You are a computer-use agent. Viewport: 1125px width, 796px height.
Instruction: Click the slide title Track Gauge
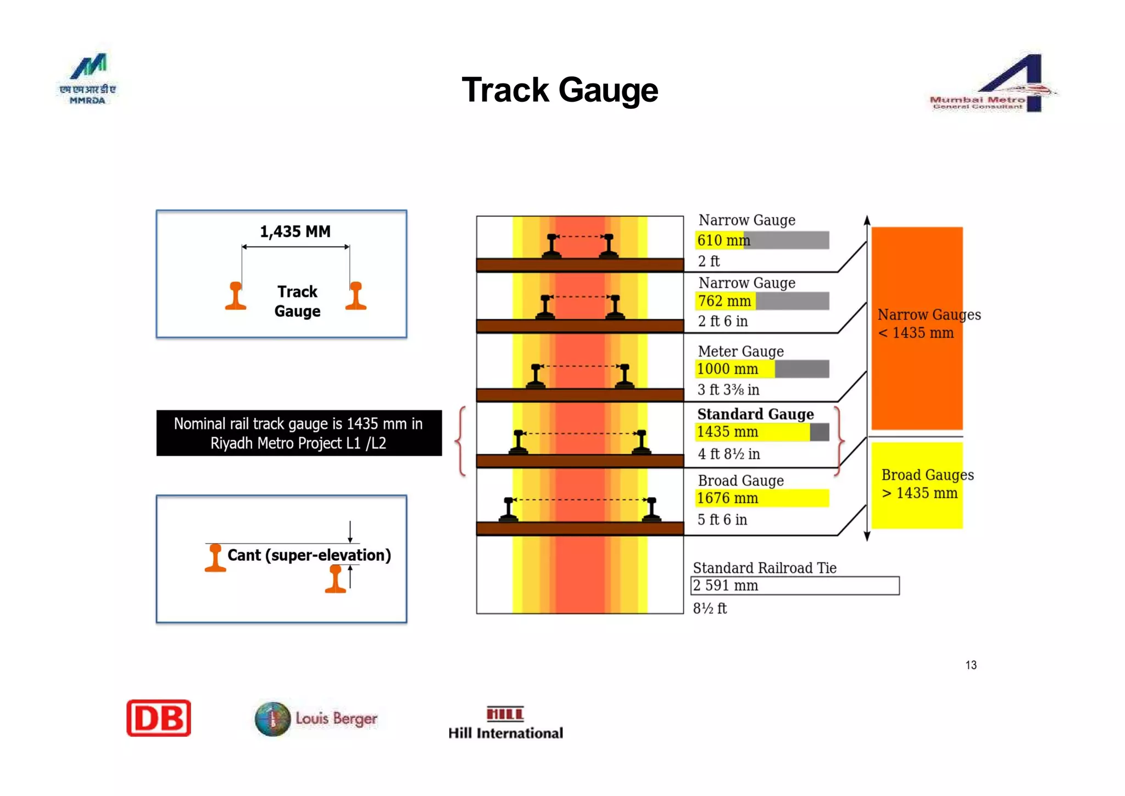coord(559,90)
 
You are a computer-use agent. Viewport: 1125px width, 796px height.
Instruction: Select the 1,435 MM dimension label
coord(295,231)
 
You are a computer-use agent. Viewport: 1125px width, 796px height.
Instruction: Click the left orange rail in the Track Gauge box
coord(236,296)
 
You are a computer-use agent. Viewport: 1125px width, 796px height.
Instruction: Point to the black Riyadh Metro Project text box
coord(299,433)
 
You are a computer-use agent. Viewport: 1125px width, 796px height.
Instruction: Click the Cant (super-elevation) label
coord(309,555)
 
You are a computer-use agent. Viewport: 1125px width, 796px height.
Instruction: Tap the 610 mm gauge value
coord(723,240)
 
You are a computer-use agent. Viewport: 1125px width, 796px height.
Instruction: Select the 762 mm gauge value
coord(725,301)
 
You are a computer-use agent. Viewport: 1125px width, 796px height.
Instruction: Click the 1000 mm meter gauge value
coord(727,369)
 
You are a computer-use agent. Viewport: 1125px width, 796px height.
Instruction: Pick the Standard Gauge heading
coord(755,414)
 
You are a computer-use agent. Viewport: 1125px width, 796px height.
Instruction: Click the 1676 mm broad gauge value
coord(727,498)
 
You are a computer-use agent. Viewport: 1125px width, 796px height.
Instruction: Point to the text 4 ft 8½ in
coord(728,454)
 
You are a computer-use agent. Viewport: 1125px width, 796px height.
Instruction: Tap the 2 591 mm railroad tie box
coord(794,585)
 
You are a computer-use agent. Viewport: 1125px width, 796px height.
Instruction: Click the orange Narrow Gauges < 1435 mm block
coord(916,329)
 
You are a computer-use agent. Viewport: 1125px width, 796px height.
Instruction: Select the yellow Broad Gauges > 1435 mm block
coord(916,485)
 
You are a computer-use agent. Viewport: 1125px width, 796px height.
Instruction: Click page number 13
coord(971,665)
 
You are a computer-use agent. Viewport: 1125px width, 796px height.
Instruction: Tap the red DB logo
coord(159,718)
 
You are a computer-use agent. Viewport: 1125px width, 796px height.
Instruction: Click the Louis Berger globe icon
coord(272,718)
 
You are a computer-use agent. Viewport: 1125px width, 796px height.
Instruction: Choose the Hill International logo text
coord(505,733)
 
